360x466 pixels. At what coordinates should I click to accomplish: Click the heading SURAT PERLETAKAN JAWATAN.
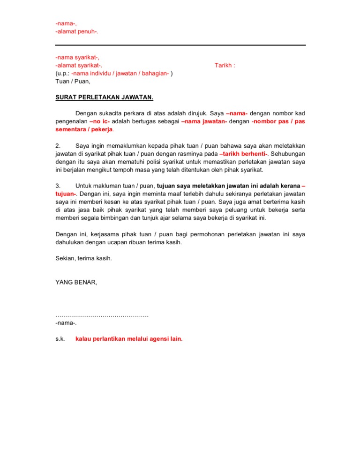click(104, 98)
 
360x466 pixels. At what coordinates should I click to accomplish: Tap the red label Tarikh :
click(225, 65)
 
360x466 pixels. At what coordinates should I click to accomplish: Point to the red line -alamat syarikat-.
click(79, 65)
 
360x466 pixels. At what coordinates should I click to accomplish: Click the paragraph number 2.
click(58, 145)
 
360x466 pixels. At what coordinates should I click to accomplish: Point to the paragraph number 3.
click(58, 186)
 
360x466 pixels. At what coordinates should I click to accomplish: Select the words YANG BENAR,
click(76, 282)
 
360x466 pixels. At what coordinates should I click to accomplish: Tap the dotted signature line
click(102, 315)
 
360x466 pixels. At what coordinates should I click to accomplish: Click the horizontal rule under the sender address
click(180, 45)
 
